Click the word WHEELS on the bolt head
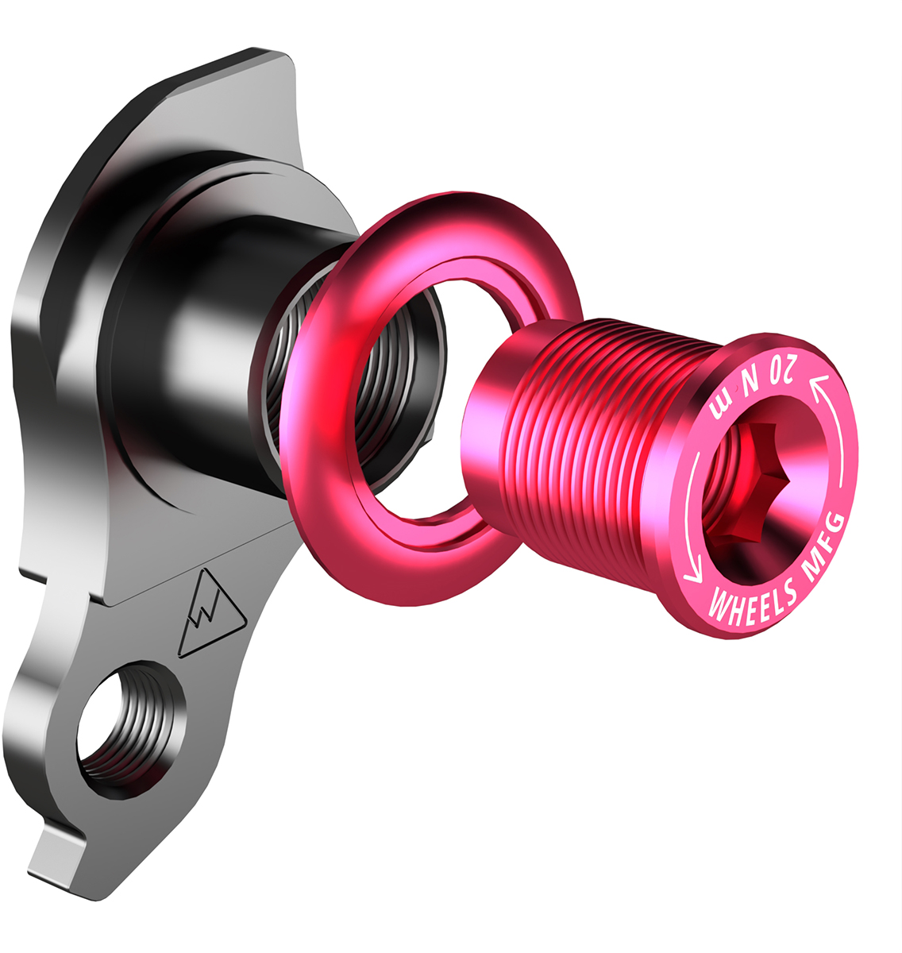pos(751,601)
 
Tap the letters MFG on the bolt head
pos(824,543)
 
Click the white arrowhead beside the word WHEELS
pos(693,574)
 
